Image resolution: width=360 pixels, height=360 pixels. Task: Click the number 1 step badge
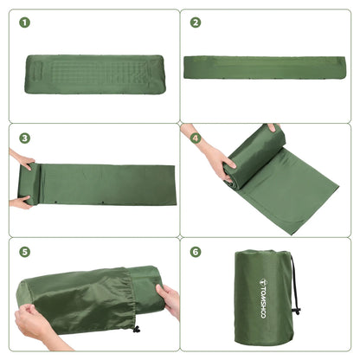pyautogui.click(x=24, y=22)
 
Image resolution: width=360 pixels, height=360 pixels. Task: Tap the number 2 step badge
pyautogui.click(x=196, y=22)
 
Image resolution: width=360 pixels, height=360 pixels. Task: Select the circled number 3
pyautogui.click(x=24, y=138)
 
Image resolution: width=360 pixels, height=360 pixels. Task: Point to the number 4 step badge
pyautogui.click(x=196, y=138)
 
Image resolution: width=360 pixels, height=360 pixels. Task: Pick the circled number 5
pyautogui.click(x=24, y=253)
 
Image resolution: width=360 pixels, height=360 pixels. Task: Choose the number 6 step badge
pyautogui.click(x=196, y=253)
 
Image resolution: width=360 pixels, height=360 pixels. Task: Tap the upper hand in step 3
pyautogui.click(x=21, y=159)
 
